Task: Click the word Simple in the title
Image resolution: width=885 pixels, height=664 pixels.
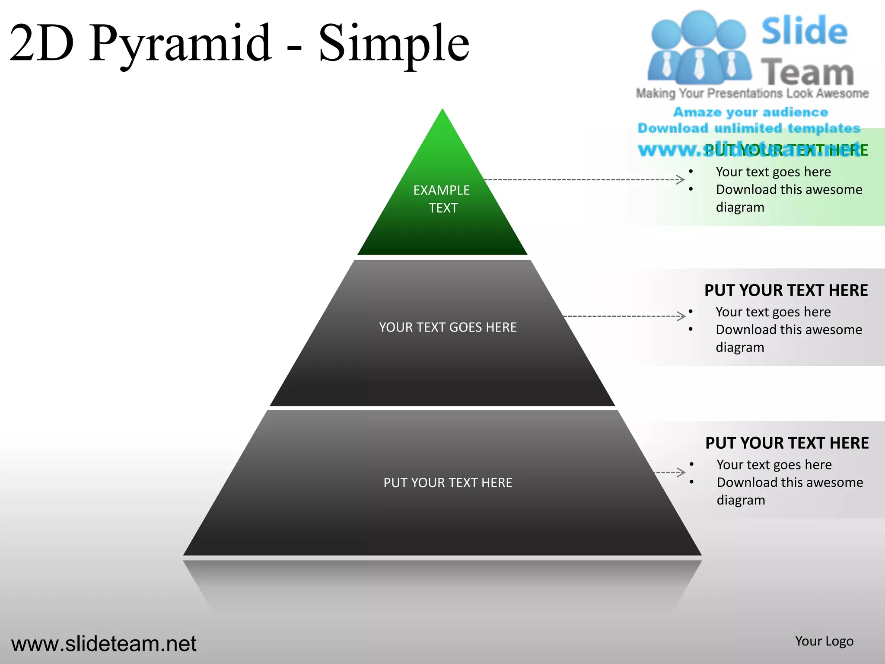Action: pyautogui.click(x=393, y=43)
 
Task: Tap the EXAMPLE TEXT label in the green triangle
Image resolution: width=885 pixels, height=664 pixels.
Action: pyautogui.click(x=442, y=199)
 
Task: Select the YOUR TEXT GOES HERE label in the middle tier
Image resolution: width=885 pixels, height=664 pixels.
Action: pyautogui.click(x=448, y=327)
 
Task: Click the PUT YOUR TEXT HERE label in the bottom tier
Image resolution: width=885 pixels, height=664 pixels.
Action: pyautogui.click(x=448, y=482)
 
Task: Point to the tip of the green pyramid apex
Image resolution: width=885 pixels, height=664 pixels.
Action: pyautogui.click(x=442, y=111)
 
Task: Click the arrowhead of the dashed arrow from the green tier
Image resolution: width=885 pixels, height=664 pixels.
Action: pyautogui.click(x=681, y=179)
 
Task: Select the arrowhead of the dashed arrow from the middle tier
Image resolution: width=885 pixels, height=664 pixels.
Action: pyautogui.click(x=682, y=316)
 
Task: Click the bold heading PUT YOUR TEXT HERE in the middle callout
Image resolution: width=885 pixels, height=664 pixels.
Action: pyautogui.click(x=786, y=290)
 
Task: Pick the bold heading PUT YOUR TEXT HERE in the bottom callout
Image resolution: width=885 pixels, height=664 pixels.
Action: pyautogui.click(x=787, y=443)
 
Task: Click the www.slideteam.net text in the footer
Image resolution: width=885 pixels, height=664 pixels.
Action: pyautogui.click(x=104, y=644)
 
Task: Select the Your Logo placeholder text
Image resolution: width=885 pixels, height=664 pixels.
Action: pyautogui.click(x=824, y=641)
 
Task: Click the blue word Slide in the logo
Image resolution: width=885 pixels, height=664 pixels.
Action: pyautogui.click(x=804, y=31)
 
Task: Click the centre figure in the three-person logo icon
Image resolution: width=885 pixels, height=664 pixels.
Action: pyautogui.click(x=699, y=48)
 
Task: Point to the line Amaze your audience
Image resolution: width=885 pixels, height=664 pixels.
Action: pyautogui.click(x=751, y=112)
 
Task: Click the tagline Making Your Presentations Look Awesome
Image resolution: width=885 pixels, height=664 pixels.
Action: pyautogui.click(x=752, y=93)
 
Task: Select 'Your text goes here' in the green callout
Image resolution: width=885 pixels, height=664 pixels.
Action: pyautogui.click(x=773, y=172)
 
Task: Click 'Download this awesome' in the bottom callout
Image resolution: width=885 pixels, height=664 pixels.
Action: pyautogui.click(x=789, y=482)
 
